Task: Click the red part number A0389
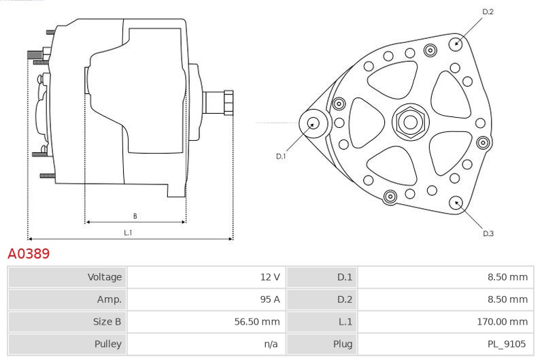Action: coord(29,253)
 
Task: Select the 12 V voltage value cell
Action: coord(270,277)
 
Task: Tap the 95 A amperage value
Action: coord(270,299)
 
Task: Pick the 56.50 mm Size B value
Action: coord(257,321)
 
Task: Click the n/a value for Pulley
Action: coord(271,344)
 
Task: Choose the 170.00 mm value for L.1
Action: coord(503,321)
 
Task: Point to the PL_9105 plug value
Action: coord(507,344)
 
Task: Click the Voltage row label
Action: coord(105,277)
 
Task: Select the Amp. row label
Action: coord(109,299)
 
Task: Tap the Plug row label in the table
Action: coord(343,344)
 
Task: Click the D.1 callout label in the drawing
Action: coord(281,157)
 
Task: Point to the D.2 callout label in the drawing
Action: coord(488,12)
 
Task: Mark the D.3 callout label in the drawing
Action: coord(488,233)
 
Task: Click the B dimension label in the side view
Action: coord(135,216)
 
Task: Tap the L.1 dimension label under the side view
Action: coord(128,233)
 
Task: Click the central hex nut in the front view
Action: coord(411,122)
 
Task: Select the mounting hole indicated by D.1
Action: coord(313,123)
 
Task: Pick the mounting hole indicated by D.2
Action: coord(456,44)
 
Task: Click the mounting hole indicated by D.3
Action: coord(456,203)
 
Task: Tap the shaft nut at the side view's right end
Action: coord(228,102)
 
